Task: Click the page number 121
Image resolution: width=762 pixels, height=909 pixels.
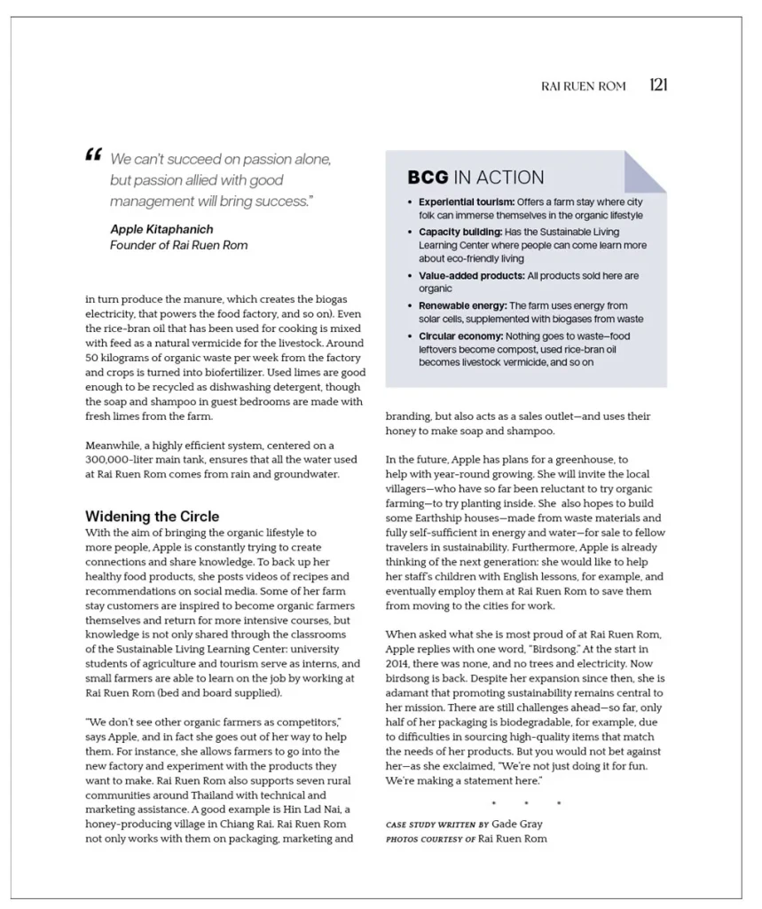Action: pyautogui.click(x=657, y=85)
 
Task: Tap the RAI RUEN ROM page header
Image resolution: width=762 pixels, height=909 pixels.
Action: pyautogui.click(x=583, y=86)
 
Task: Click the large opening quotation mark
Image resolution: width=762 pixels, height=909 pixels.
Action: pyautogui.click(x=93, y=156)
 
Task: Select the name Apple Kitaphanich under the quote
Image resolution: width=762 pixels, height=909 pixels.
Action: pyautogui.click(x=161, y=229)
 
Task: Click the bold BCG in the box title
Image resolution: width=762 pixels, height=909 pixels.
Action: pyautogui.click(x=428, y=177)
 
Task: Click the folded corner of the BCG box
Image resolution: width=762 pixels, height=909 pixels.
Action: pyautogui.click(x=646, y=170)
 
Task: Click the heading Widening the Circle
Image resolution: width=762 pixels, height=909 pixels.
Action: pyautogui.click(x=152, y=516)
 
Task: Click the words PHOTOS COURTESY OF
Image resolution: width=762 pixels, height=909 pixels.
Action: pyautogui.click(x=429, y=838)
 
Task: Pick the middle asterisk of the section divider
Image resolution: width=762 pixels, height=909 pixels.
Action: pyautogui.click(x=526, y=804)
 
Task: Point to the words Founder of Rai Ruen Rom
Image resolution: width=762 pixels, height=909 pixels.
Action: pyautogui.click(x=178, y=244)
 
